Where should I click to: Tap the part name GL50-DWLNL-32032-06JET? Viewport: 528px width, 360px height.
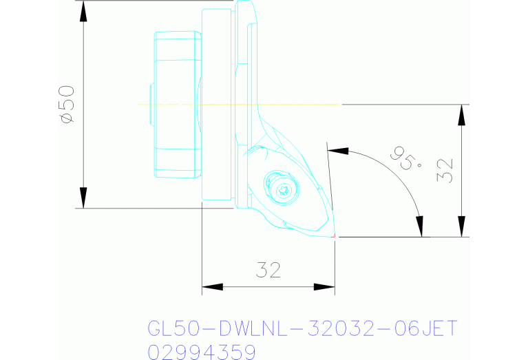pyautogui.click(x=302, y=328)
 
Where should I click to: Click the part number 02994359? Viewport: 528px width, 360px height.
pyautogui.click(x=202, y=352)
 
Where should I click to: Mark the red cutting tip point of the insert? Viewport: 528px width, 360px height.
pyautogui.click(x=334, y=236)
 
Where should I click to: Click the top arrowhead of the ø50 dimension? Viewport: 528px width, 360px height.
pyautogui.click(x=83, y=10)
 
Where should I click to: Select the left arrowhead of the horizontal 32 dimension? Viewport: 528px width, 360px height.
pyautogui.click(x=211, y=286)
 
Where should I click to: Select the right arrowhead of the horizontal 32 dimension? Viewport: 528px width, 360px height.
pyautogui.click(x=325, y=286)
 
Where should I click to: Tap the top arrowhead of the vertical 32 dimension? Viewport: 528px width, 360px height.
pyautogui.click(x=462, y=114)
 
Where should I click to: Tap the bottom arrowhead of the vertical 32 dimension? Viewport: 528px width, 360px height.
pyautogui.click(x=462, y=226)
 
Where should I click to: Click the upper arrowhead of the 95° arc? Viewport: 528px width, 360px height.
pyautogui.click(x=337, y=149)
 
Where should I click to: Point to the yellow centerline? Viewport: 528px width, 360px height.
pyautogui.click(x=241, y=105)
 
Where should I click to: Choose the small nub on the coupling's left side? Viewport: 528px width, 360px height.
pyautogui.click(x=150, y=105)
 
